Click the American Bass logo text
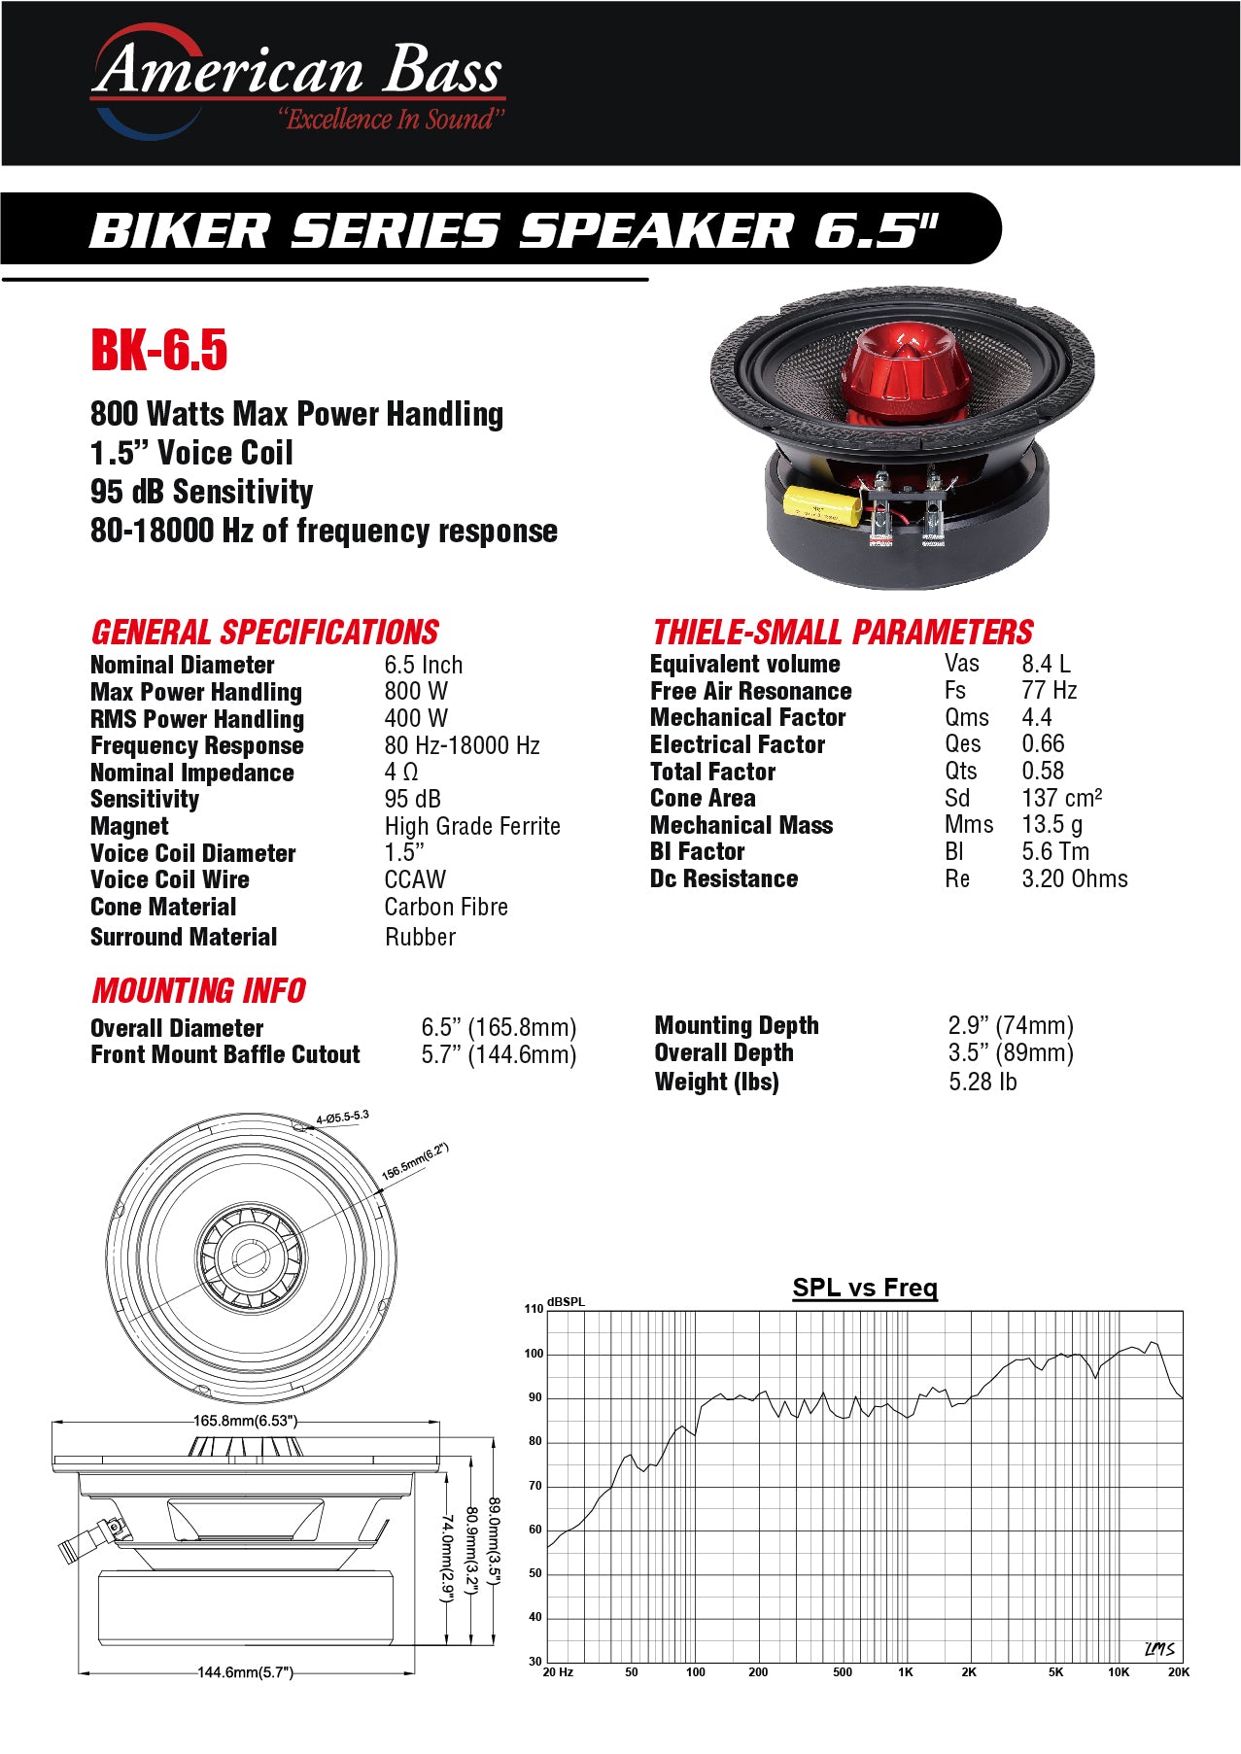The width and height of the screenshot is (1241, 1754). [297, 70]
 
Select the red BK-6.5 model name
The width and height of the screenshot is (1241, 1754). [159, 350]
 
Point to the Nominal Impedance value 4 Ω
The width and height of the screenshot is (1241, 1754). [401, 772]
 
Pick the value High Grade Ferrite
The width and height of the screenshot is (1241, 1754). [472, 826]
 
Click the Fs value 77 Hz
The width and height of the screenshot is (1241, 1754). [1050, 690]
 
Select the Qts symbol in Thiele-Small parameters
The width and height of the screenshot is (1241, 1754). [961, 771]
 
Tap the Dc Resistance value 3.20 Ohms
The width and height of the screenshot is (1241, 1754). [1075, 878]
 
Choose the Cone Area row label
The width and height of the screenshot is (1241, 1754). [703, 798]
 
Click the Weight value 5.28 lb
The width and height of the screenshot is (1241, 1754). [982, 1082]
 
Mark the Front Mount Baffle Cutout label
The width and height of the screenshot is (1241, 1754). [225, 1054]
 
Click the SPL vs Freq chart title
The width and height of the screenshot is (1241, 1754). [865, 1288]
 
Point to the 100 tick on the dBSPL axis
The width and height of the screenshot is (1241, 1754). [534, 1354]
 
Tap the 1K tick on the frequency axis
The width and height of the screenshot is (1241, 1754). [906, 1672]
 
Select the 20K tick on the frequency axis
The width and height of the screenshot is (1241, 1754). [1179, 1672]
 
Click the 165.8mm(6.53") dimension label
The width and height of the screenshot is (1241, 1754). [245, 1421]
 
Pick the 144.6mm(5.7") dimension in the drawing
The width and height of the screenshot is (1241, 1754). [245, 1672]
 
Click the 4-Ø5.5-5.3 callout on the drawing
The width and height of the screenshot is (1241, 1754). [343, 1118]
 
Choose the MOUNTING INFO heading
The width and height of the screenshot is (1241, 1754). [198, 991]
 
